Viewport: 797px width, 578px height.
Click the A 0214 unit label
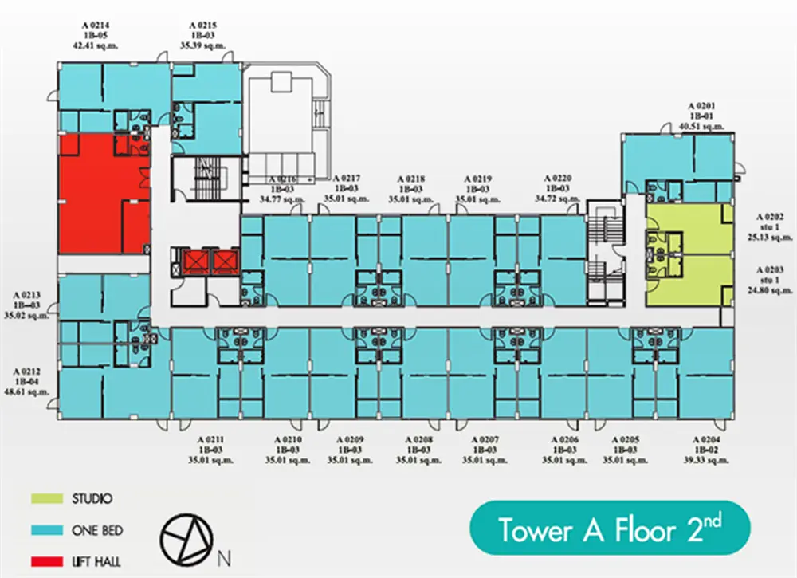point(96,35)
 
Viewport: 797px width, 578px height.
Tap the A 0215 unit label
point(202,35)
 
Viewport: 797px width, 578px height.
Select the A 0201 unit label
point(701,116)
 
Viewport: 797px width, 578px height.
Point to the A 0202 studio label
point(770,226)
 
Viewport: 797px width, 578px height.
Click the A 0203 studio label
point(770,280)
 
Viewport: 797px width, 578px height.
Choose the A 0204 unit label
point(706,450)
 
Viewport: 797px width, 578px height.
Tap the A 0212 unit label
point(26,382)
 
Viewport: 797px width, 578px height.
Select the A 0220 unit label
point(558,188)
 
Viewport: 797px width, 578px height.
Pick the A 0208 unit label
point(419,450)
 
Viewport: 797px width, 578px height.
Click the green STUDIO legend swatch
point(47,498)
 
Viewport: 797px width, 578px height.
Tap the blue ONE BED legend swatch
point(47,529)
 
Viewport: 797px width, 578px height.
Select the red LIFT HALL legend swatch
point(47,561)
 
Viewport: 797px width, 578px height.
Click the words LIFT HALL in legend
point(96,562)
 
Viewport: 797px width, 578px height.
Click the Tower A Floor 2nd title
point(610,529)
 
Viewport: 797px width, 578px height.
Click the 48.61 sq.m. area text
point(26,392)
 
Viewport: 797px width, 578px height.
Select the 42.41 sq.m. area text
point(96,45)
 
